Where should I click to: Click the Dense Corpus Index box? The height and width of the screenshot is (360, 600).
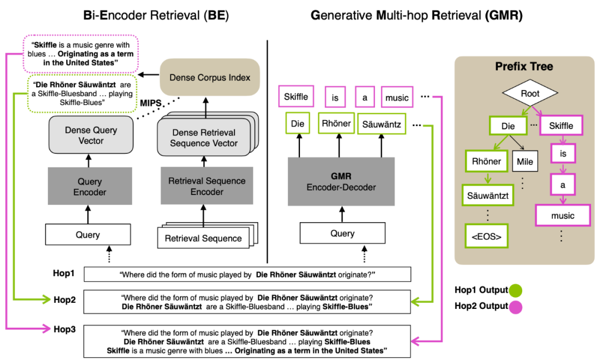tap(210, 77)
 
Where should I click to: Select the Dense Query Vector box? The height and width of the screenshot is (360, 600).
tap(91, 135)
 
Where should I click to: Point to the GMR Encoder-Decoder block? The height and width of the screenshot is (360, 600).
tap(341, 182)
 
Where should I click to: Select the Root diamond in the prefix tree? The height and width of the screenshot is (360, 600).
tap(530, 94)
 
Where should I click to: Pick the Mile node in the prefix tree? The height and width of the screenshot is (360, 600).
tap(524, 162)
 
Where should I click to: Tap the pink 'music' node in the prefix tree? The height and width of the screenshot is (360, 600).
tap(563, 216)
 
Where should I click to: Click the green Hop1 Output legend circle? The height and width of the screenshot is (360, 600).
tap(515, 290)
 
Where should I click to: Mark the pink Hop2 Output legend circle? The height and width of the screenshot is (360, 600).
tap(515, 306)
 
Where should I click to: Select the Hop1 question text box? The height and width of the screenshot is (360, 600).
tap(247, 274)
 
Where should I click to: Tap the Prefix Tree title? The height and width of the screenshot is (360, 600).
tap(524, 67)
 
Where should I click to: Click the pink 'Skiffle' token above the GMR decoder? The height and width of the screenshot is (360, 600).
tap(296, 97)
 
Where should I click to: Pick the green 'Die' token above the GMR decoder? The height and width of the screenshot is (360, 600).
tap(298, 123)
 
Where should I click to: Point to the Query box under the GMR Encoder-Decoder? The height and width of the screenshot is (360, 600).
tap(342, 233)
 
